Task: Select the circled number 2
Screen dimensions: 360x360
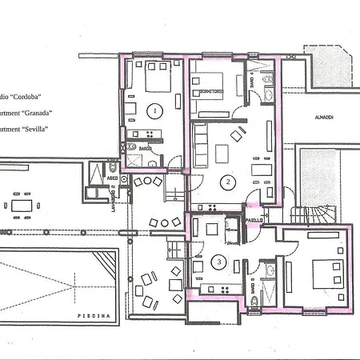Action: pyautogui.click(x=228, y=182)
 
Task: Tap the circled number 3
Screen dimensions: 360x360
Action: pyautogui.click(x=219, y=261)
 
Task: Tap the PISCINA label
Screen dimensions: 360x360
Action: pyautogui.click(x=88, y=317)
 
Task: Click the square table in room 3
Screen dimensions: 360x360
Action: pyautogui.click(x=213, y=230)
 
